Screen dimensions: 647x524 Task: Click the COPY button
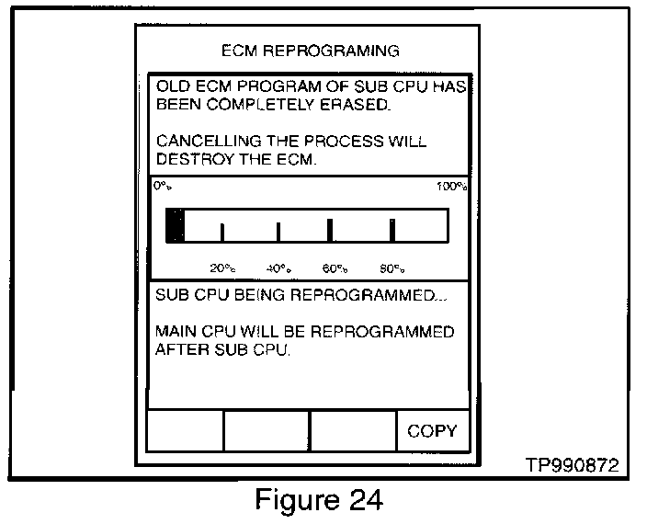pos(432,431)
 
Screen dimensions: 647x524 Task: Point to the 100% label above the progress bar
pos(452,187)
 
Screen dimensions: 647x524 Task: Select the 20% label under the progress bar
pos(222,268)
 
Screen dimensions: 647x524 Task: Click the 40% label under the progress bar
pos(278,268)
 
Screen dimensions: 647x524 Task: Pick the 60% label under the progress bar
pos(335,268)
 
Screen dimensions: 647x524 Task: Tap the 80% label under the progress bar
pos(392,268)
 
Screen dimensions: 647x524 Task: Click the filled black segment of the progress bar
pos(175,225)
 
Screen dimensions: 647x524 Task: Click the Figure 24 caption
pos(318,501)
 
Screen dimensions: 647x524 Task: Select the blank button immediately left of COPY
pos(353,431)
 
